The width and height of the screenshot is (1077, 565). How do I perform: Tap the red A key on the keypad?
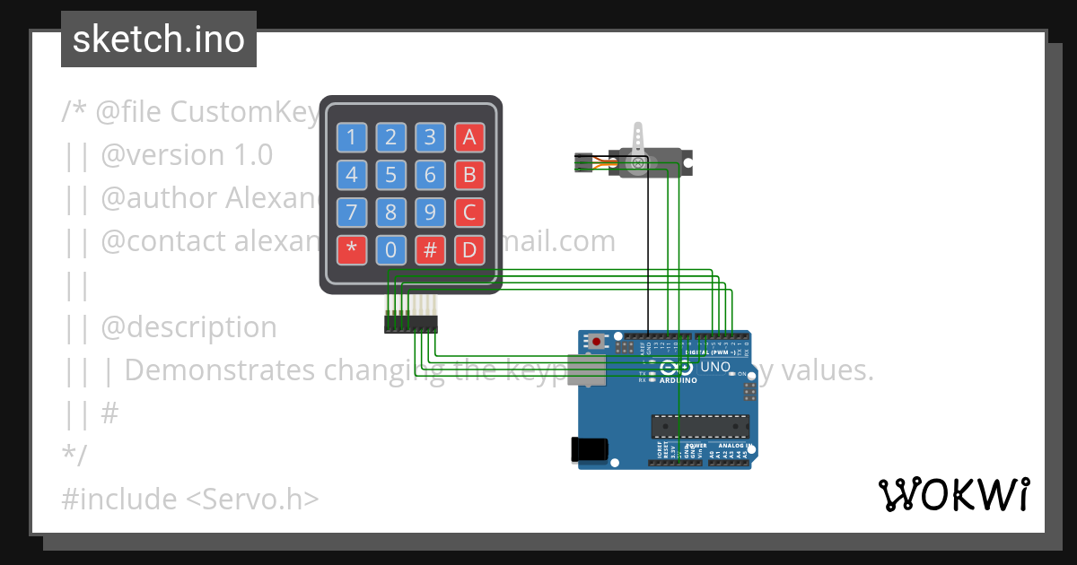point(468,137)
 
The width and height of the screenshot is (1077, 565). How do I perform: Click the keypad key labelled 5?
point(390,175)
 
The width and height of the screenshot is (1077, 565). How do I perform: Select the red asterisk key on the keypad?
point(352,249)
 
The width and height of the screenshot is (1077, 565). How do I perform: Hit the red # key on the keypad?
point(430,249)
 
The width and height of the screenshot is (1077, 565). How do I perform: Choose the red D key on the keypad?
point(468,249)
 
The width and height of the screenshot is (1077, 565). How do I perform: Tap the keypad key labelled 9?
point(430,213)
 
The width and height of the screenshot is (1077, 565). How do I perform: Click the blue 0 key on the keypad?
point(390,249)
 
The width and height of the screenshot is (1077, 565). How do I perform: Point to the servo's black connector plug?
point(583,162)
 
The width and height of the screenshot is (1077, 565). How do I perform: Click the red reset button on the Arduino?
point(597,342)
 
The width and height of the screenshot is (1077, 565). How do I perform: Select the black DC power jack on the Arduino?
point(590,449)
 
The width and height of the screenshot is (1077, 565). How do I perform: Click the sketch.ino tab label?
point(159,39)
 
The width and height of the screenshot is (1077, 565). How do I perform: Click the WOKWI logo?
point(953,495)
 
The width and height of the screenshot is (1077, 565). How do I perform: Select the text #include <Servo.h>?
point(189,499)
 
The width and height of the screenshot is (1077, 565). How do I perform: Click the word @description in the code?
point(188,327)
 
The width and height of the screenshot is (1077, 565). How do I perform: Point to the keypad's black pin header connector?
point(411,323)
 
